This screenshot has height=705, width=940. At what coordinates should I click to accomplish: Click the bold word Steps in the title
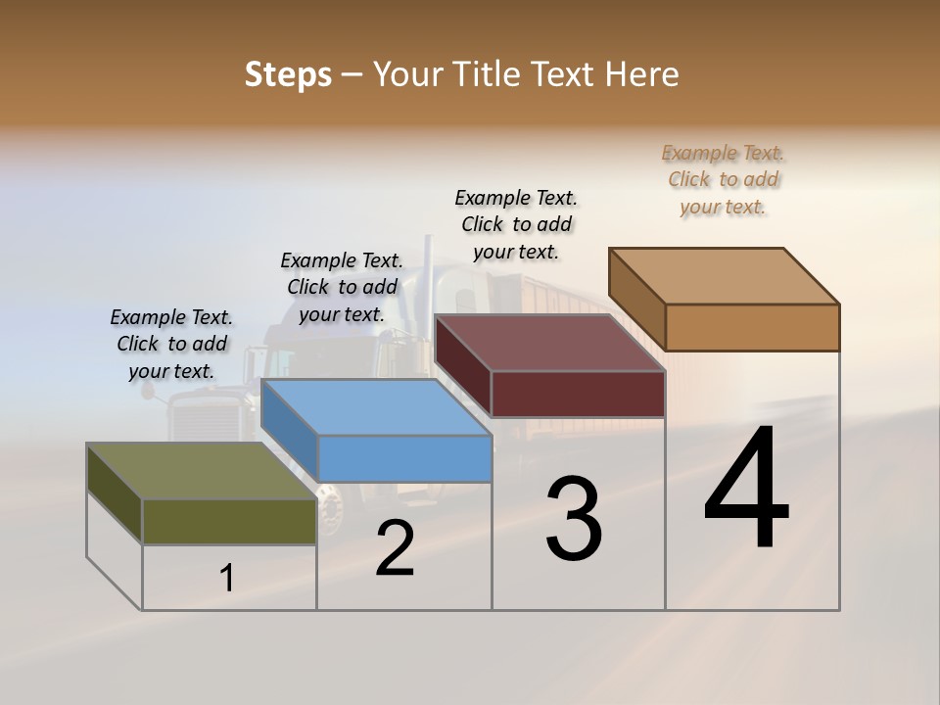tap(288, 74)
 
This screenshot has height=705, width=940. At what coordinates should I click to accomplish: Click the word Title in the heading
tap(484, 74)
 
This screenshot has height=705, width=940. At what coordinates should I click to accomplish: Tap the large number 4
tap(746, 490)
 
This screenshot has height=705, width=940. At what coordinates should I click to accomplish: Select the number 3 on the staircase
tap(574, 520)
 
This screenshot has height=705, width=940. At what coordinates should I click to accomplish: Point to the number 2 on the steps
tap(395, 549)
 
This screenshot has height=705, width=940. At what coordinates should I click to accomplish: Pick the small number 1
tap(227, 579)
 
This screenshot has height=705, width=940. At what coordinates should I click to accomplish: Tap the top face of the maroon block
tap(548, 343)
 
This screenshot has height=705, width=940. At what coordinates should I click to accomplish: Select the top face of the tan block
tap(724, 275)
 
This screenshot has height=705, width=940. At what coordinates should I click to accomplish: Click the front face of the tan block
tap(752, 327)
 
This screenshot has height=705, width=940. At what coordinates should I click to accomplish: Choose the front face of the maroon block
tap(578, 394)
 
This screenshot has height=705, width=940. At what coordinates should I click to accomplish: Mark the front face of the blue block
tap(404, 458)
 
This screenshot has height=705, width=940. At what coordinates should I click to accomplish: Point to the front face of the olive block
tap(229, 522)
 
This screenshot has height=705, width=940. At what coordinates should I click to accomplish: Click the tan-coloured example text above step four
tap(723, 179)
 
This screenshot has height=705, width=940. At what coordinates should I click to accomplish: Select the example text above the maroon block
tap(516, 224)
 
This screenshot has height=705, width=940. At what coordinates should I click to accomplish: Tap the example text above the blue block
tap(342, 287)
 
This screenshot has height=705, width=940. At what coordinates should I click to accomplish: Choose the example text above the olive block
tap(171, 344)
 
